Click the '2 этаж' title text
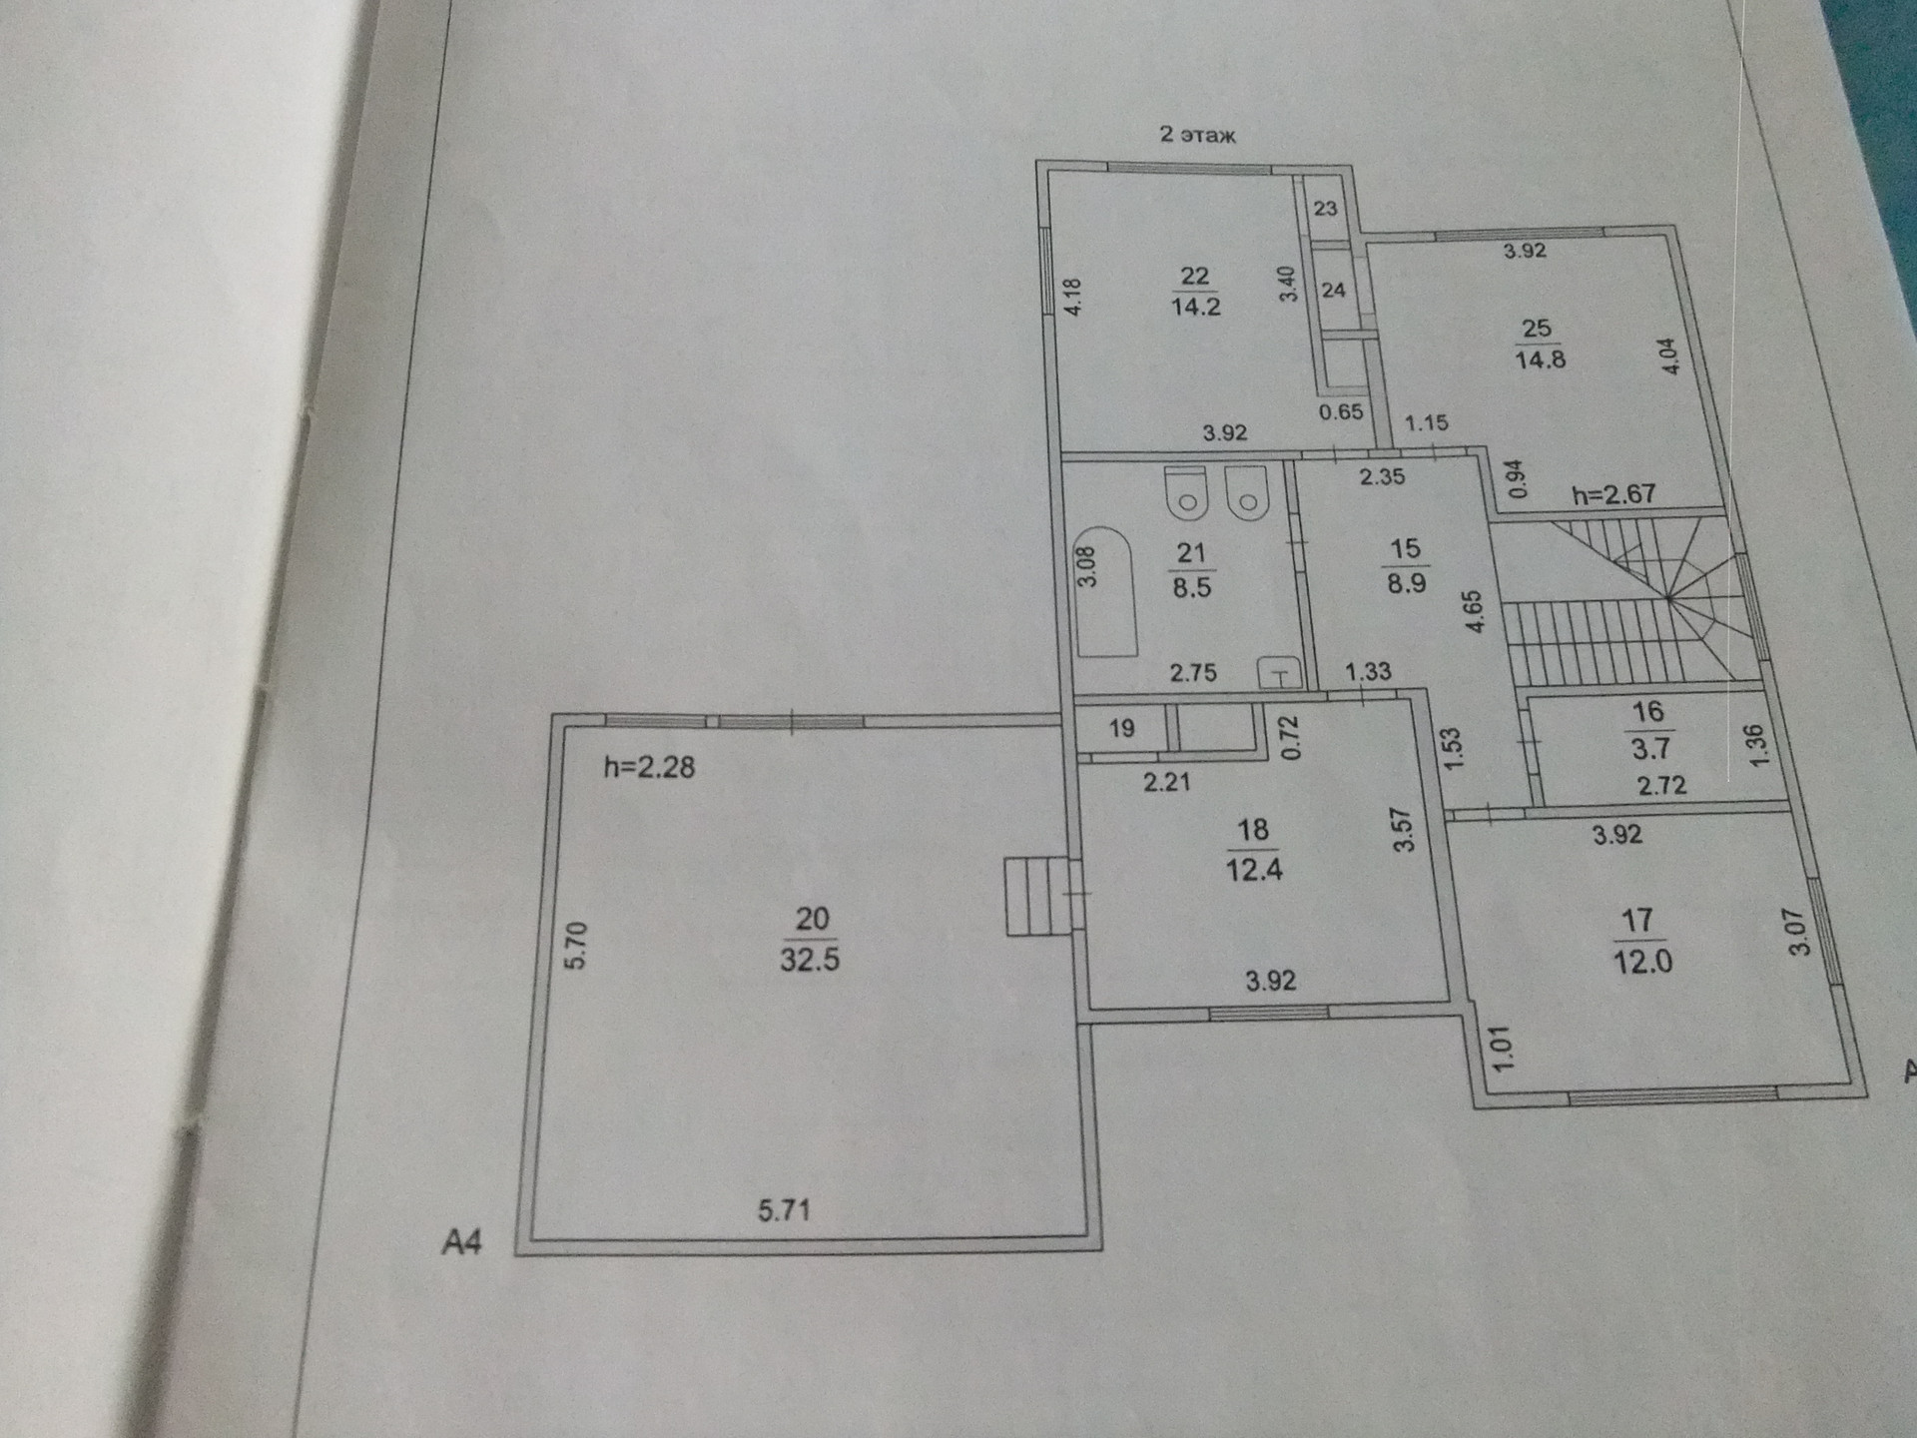[x=1197, y=135]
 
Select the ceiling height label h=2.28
[x=649, y=768]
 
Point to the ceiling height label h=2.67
[x=1612, y=494]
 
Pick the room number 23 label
[x=1325, y=209]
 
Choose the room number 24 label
[x=1333, y=291]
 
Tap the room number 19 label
[x=1121, y=729]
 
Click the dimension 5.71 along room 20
[x=784, y=1211]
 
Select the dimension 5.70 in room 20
[x=577, y=946]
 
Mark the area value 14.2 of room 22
[x=1195, y=307]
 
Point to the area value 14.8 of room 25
[x=1540, y=359]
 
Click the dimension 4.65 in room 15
[x=1474, y=611]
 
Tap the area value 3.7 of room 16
[x=1650, y=749]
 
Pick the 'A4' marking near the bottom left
[x=462, y=1242]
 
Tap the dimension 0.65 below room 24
[x=1340, y=411]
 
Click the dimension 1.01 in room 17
[x=1503, y=1050]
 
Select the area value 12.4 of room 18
[x=1254, y=870]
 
